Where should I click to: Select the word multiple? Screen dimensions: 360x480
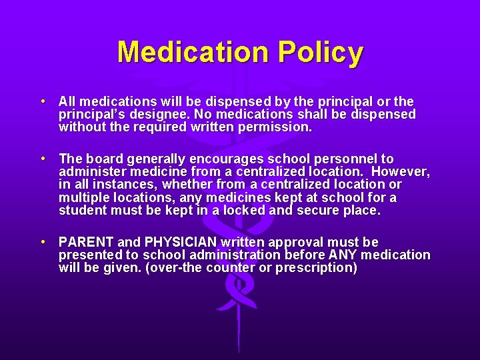pyautogui.click(x=83, y=197)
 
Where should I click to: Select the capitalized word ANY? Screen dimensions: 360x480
pyautogui.click(x=343, y=255)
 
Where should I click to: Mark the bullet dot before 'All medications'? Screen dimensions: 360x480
pyautogui.click(x=42, y=101)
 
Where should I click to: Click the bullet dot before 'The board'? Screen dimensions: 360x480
pyautogui.click(x=42, y=159)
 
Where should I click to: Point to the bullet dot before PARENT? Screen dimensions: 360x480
pyautogui.click(x=42, y=242)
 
